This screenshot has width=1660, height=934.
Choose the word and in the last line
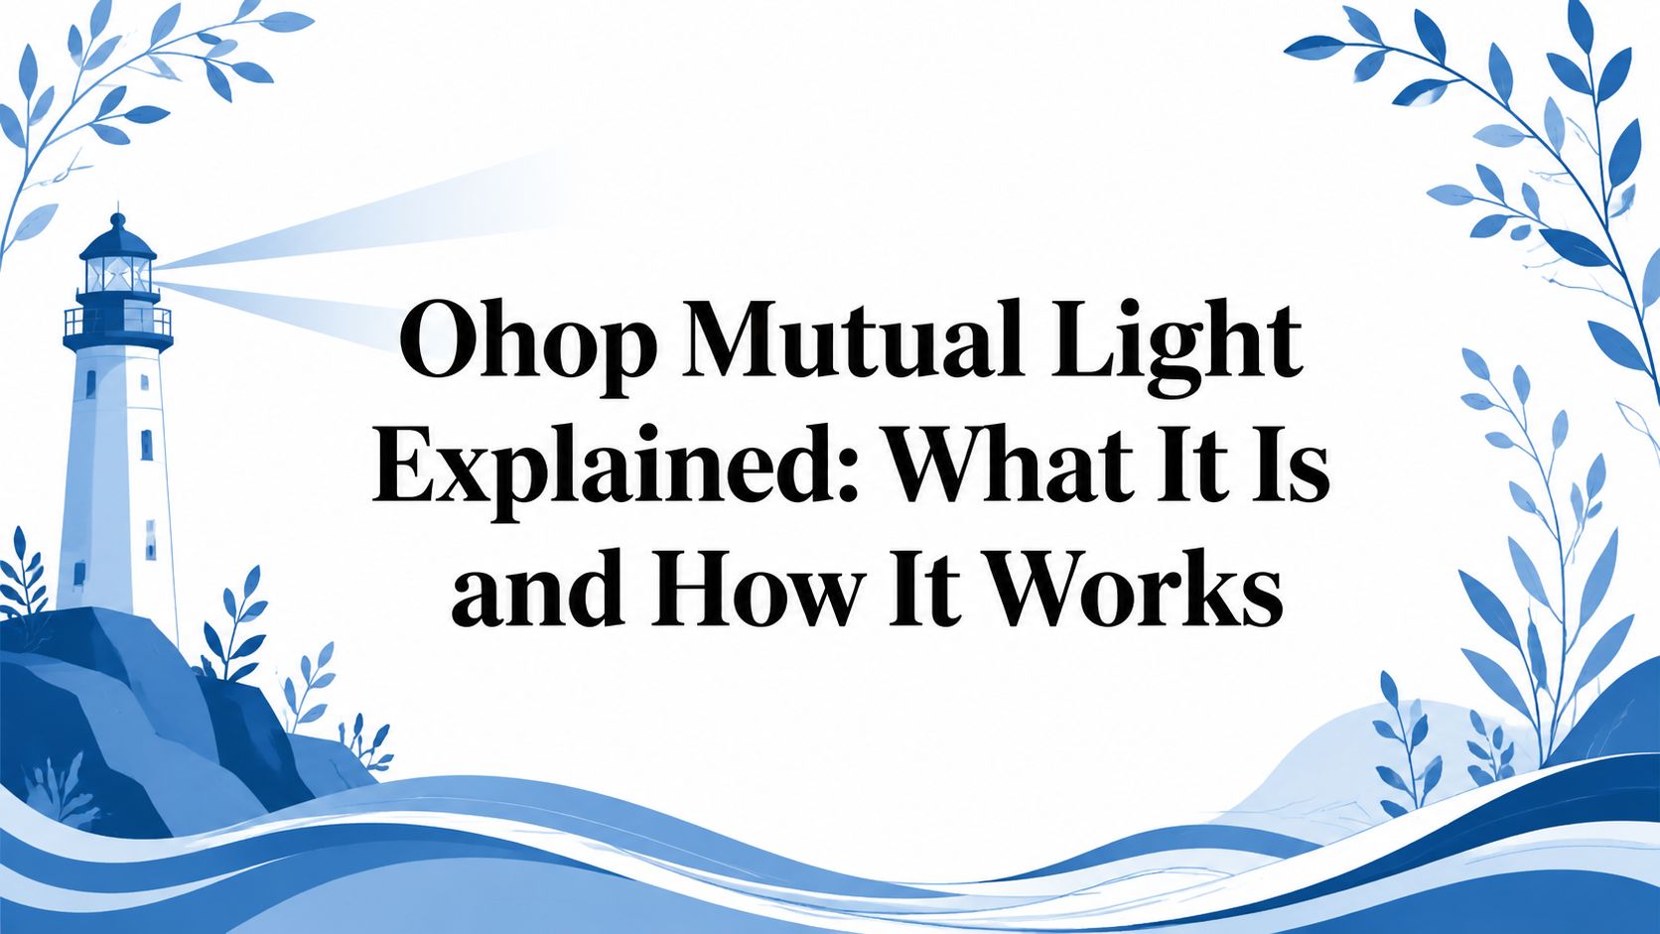(x=536, y=588)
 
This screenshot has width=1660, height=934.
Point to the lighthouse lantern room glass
(x=117, y=275)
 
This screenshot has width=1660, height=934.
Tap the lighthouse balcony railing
(x=118, y=322)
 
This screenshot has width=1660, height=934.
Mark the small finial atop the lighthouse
(x=118, y=218)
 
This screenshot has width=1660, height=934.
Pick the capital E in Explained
(x=406, y=465)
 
